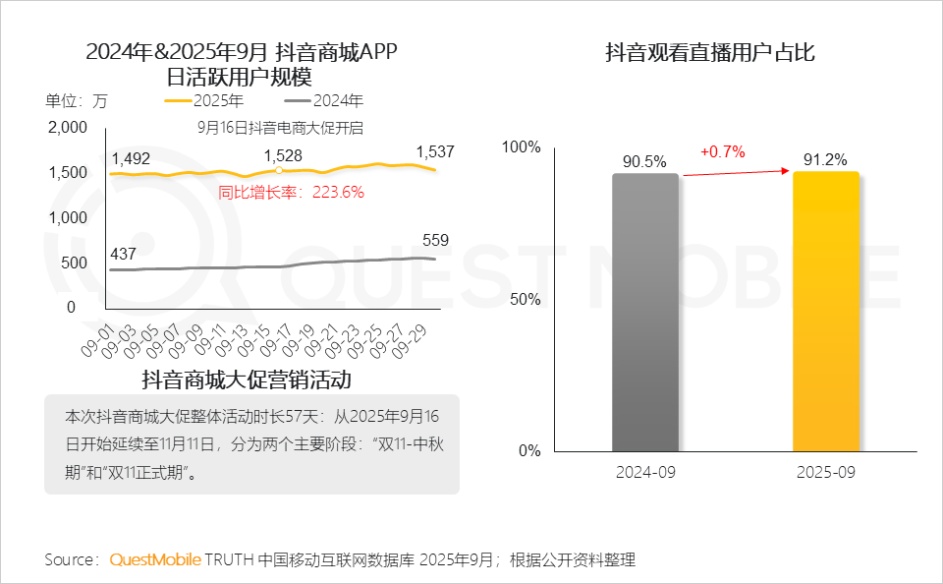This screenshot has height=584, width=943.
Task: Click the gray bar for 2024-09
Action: [x=645, y=313]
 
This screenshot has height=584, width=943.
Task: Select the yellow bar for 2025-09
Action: [x=826, y=312]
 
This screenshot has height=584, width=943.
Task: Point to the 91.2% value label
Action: [x=826, y=159]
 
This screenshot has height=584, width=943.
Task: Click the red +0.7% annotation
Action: [x=722, y=151]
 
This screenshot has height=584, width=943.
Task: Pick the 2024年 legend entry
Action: [x=323, y=100]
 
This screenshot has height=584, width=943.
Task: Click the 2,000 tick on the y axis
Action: [x=69, y=128]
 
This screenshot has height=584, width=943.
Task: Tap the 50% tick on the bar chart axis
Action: [x=523, y=299]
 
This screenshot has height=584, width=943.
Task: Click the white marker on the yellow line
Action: [x=279, y=170]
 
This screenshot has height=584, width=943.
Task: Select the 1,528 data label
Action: [x=283, y=155]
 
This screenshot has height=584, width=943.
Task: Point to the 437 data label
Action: [x=123, y=254]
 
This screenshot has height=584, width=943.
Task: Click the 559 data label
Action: [x=435, y=240]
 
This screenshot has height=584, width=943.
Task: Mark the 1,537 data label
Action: [x=435, y=151]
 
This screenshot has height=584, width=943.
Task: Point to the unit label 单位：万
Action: [x=76, y=100]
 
